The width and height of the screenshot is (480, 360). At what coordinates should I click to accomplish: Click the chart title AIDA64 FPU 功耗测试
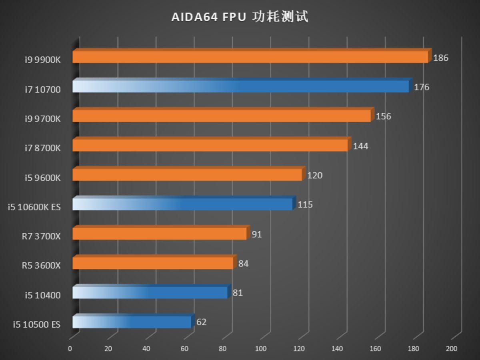tap(240, 17)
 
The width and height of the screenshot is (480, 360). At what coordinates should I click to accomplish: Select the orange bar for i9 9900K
tap(250, 57)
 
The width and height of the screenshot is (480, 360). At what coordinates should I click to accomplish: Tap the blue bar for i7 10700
tap(240, 86)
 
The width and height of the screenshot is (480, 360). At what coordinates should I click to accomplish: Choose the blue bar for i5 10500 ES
tap(132, 322)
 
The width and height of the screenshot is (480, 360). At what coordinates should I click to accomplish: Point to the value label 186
tap(440, 58)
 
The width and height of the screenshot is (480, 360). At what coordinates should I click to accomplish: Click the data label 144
tap(360, 146)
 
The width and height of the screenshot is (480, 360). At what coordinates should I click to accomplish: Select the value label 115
tap(305, 205)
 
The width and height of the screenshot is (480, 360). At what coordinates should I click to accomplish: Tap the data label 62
tap(202, 322)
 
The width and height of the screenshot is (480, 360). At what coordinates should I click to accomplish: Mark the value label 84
tap(243, 264)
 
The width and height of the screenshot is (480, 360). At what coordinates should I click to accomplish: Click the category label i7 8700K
tap(42, 148)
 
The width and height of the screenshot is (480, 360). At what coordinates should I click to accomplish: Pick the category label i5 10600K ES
tap(34, 207)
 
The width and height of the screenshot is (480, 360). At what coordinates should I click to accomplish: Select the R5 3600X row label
tap(41, 266)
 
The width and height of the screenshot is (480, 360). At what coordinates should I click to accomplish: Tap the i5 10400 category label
tap(42, 295)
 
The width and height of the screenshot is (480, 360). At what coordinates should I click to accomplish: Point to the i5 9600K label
tap(42, 178)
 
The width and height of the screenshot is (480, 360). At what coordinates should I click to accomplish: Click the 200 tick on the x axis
tap(451, 349)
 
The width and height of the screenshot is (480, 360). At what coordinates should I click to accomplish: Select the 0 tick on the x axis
tap(70, 349)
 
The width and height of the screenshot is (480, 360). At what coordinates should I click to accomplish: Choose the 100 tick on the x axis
tap(260, 349)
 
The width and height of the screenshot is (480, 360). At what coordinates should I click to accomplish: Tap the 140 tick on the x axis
tap(337, 349)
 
